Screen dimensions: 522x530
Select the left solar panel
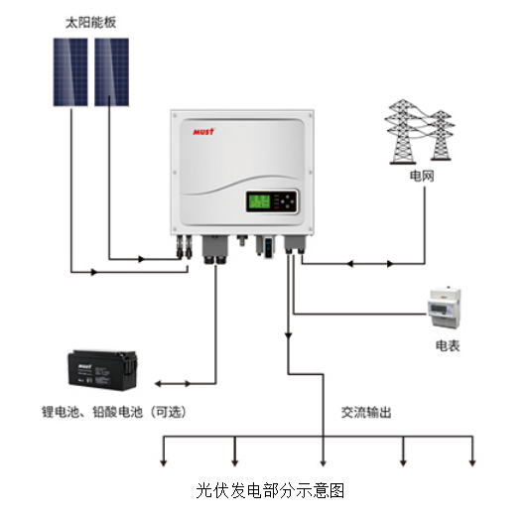pyautogui.click(x=72, y=70)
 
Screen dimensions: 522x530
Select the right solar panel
pyautogui.click(x=112, y=70)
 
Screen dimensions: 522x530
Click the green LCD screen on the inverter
pyautogui.click(x=260, y=201)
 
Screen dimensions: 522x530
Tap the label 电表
pyautogui.click(x=448, y=345)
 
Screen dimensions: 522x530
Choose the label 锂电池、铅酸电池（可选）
pyautogui.click(x=114, y=411)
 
